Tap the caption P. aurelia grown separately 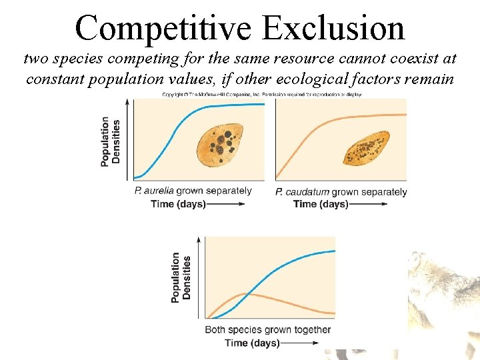pos(193,191)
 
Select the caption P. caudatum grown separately pos(341,192)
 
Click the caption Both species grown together pos(267,329)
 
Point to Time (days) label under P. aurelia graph pos(179,203)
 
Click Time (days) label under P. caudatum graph pos(321,203)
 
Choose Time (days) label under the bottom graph pos(252,343)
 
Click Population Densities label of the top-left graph pos(111,141)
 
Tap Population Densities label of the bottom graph pos(181,277)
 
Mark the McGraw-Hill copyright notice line pos(261,95)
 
